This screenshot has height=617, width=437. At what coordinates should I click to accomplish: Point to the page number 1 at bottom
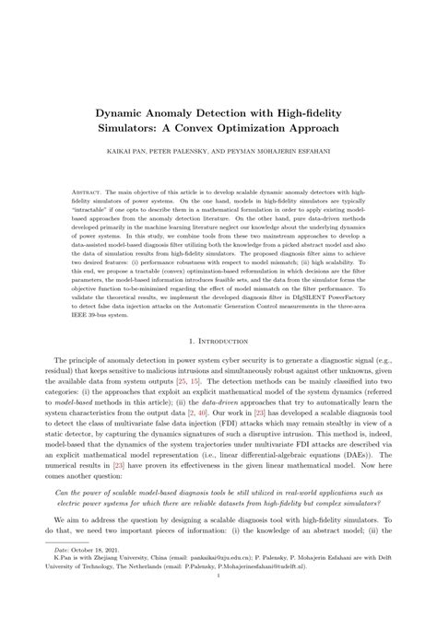tap(218, 600)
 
